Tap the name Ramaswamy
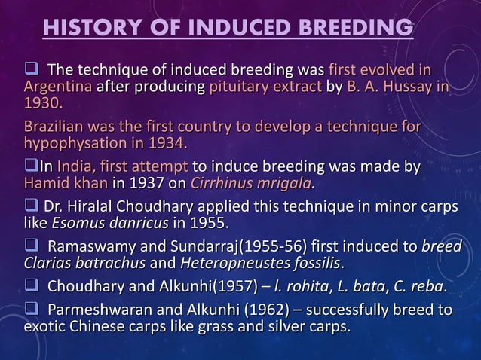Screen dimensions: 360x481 pos(97,248)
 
